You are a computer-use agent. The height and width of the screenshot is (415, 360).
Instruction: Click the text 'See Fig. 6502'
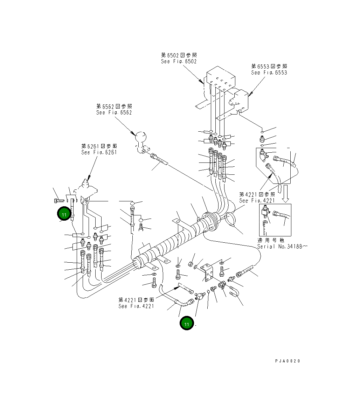click(x=179, y=61)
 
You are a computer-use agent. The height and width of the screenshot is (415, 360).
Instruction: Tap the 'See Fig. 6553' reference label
click(x=269, y=72)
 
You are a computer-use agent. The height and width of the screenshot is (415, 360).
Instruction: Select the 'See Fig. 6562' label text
click(x=114, y=112)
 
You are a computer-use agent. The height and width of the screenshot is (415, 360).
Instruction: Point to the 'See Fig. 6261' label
click(x=99, y=152)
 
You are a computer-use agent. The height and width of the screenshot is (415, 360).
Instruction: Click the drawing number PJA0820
click(x=288, y=361)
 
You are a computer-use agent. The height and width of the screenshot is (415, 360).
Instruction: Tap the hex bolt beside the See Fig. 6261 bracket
click(x=58, y=201)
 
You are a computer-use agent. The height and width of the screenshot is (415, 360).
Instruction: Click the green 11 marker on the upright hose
click(x=64, y=214)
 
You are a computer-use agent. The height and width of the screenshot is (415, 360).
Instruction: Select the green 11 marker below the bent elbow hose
click(x=187, y=324)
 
